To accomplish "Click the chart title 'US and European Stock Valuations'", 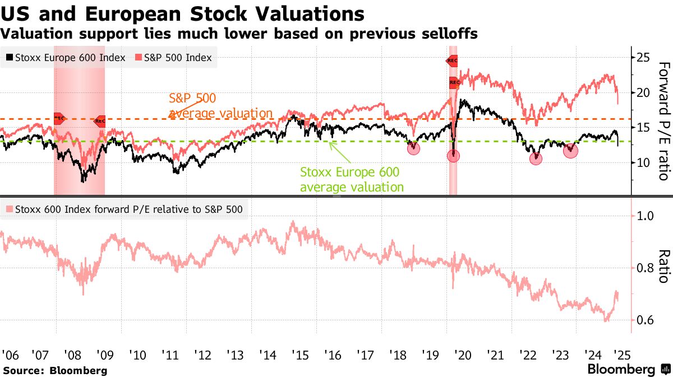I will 182,13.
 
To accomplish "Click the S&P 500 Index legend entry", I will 174,58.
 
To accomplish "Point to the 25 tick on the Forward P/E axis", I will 643,58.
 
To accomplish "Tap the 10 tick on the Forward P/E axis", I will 643,162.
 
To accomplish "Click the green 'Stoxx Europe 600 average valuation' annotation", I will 352,179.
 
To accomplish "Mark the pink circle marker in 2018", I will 413,148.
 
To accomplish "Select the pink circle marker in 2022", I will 536,158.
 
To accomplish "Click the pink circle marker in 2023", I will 570,150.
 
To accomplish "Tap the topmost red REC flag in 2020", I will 452,60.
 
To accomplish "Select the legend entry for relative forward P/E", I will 124,209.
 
